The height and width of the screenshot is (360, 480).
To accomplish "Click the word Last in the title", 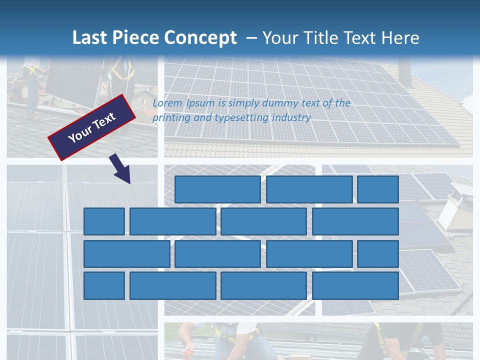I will [89, 38].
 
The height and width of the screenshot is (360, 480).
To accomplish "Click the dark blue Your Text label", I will [91, 127].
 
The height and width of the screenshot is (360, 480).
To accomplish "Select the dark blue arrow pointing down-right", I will [120, 169].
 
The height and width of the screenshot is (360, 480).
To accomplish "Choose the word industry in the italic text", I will [291, 118].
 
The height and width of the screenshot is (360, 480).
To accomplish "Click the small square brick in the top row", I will [378, 189].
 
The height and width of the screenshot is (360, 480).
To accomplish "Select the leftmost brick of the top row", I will [217, 189].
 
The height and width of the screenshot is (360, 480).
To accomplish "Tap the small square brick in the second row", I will [104, 221].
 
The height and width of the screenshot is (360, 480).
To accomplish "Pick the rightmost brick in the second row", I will [355, 221].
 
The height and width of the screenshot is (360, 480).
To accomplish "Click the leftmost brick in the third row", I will [126, 254].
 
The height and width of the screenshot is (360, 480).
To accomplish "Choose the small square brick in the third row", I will [378, 254].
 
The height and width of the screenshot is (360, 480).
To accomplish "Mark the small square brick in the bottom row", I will [104, 286].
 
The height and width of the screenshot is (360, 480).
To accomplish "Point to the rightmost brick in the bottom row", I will [355, 286].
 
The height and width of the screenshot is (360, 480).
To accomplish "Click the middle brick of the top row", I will [309, 189].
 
